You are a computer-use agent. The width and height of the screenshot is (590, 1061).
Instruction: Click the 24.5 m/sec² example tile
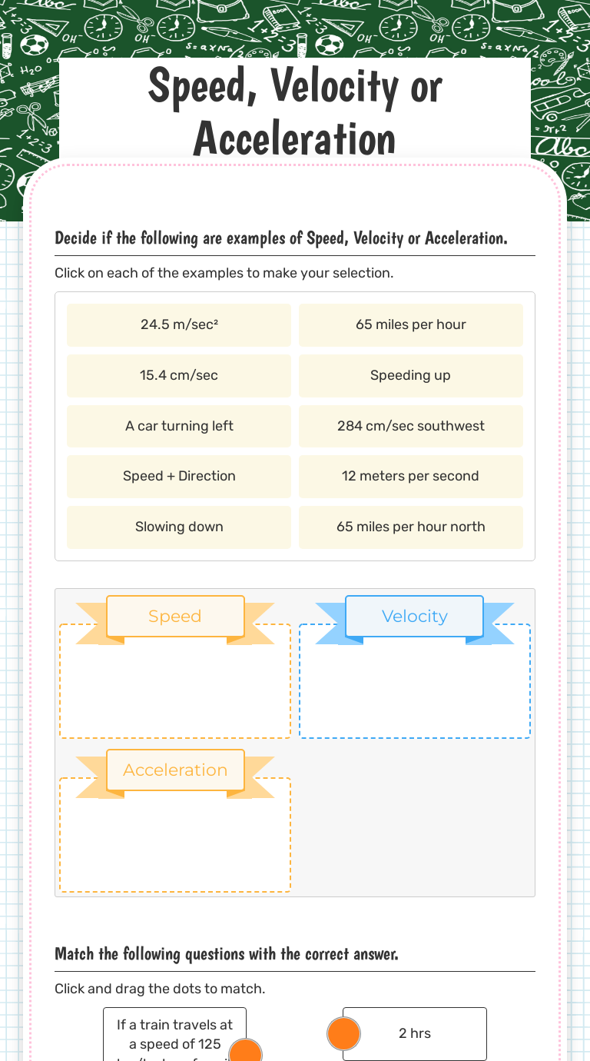pyautogui.click(x=179, y=324)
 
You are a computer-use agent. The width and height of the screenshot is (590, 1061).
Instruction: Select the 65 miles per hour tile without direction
pyautogui.click(x=411, y=324)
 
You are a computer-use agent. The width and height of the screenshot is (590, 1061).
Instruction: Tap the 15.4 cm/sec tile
pyautogui.click(x=179, y=375)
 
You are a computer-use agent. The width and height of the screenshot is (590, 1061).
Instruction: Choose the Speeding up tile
pyautogui.click(x=411, y=375)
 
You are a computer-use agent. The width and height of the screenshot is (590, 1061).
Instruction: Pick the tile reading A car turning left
pyautogui.click(x=179, y=426)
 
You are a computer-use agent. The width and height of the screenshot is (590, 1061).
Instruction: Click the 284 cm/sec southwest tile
pyautogui.click(x=411, y=426)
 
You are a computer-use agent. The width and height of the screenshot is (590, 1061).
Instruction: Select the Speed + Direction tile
pyautogui.click(x=179, y=476)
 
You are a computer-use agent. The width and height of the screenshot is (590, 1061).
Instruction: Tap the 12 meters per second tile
pyautogui.click(x=411, y=476)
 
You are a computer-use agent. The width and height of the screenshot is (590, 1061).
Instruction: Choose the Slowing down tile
pyautogui.click(x=179, y=527)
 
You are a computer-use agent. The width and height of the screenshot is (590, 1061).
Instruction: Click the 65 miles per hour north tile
pyautogui.click(x=411, y=527)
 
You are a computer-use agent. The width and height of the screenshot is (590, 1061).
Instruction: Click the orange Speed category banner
pyautogui.click(x=175, y=617)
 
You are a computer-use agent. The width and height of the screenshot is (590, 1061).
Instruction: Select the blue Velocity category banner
pyautogui.click(x=415, y=617)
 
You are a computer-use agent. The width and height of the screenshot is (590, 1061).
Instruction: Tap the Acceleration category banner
pyautogui.click(x=175, y=770)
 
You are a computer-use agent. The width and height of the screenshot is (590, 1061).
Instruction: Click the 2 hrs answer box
pyautogui.click(x=415, y=1033)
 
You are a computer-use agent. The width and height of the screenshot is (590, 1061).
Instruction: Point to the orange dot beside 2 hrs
pyautogui.click(x=343, y=1033)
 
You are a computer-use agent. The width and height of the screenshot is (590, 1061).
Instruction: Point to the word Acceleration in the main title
pyautogui.click(x=295, y=140)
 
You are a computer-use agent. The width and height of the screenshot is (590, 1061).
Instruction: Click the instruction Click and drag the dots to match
pyautogui.click(x=160, y=989)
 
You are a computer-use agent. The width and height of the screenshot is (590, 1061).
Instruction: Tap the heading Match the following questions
pyautogui.click(x=227, y=954)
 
